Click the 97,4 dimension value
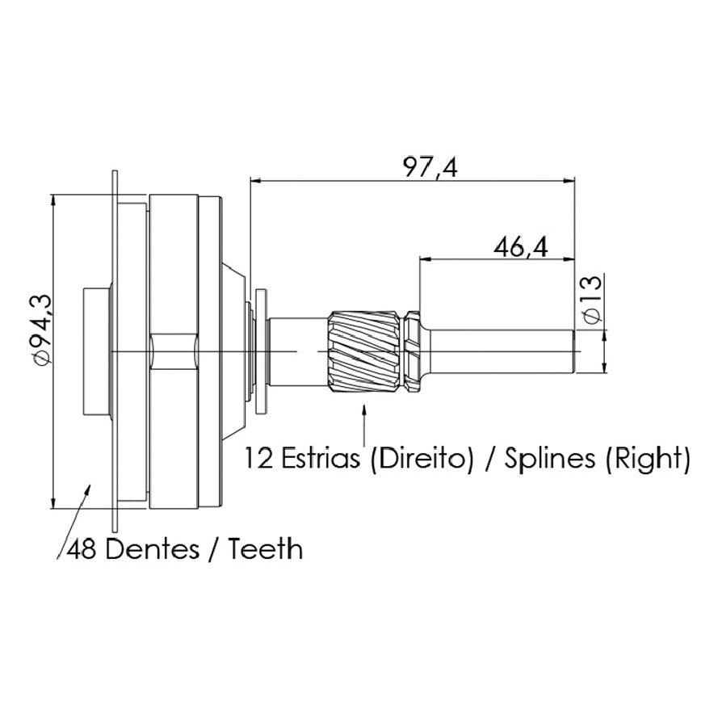tap(430, 167)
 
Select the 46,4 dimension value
tap(521, 248)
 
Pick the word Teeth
tap(266, 548)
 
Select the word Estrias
tap(320, 458)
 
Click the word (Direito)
tap(422, 459)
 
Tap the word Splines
tap(549, 460)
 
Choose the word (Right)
tap(648, 460)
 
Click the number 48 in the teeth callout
tap(82, 548)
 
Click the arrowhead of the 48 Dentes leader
tap(87, 488)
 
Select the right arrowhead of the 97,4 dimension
tap(569, 181)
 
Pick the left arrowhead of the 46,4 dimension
tap(426, 259)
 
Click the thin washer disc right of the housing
tap(261, 351)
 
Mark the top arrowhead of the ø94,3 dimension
tap(53, 200)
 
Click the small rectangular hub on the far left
tap(97, 351)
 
